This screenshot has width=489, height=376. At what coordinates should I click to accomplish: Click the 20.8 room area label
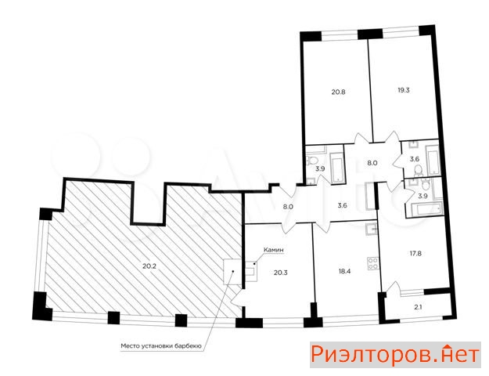point(338,92)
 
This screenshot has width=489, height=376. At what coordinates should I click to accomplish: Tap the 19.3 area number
point(403,90)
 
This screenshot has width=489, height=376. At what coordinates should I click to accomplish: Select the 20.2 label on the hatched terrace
point(149,266)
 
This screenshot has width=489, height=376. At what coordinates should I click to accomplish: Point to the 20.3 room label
point(281,273)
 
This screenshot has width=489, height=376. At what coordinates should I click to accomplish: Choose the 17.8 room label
point(415,253)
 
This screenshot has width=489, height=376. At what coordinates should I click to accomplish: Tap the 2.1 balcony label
point(419,307)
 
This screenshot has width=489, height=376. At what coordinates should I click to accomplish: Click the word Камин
point(274,250)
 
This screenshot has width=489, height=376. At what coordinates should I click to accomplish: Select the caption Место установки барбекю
point(162,346)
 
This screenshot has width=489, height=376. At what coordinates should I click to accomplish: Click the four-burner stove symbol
point(373,263)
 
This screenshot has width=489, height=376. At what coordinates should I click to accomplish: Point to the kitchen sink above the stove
point(372,229)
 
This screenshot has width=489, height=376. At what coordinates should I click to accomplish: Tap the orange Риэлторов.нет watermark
point(395,355)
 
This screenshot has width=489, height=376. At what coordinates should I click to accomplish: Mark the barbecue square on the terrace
point(232,272)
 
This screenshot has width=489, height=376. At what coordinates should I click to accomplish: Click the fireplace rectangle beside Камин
point(251,271)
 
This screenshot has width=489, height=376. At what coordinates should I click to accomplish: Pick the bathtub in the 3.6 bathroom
point(433,162)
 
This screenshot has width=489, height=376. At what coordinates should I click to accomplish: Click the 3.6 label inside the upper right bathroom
point(415,159)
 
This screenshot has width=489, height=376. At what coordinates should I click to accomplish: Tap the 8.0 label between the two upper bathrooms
point(372,163)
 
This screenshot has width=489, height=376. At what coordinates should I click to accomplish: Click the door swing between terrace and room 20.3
point(237,298)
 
